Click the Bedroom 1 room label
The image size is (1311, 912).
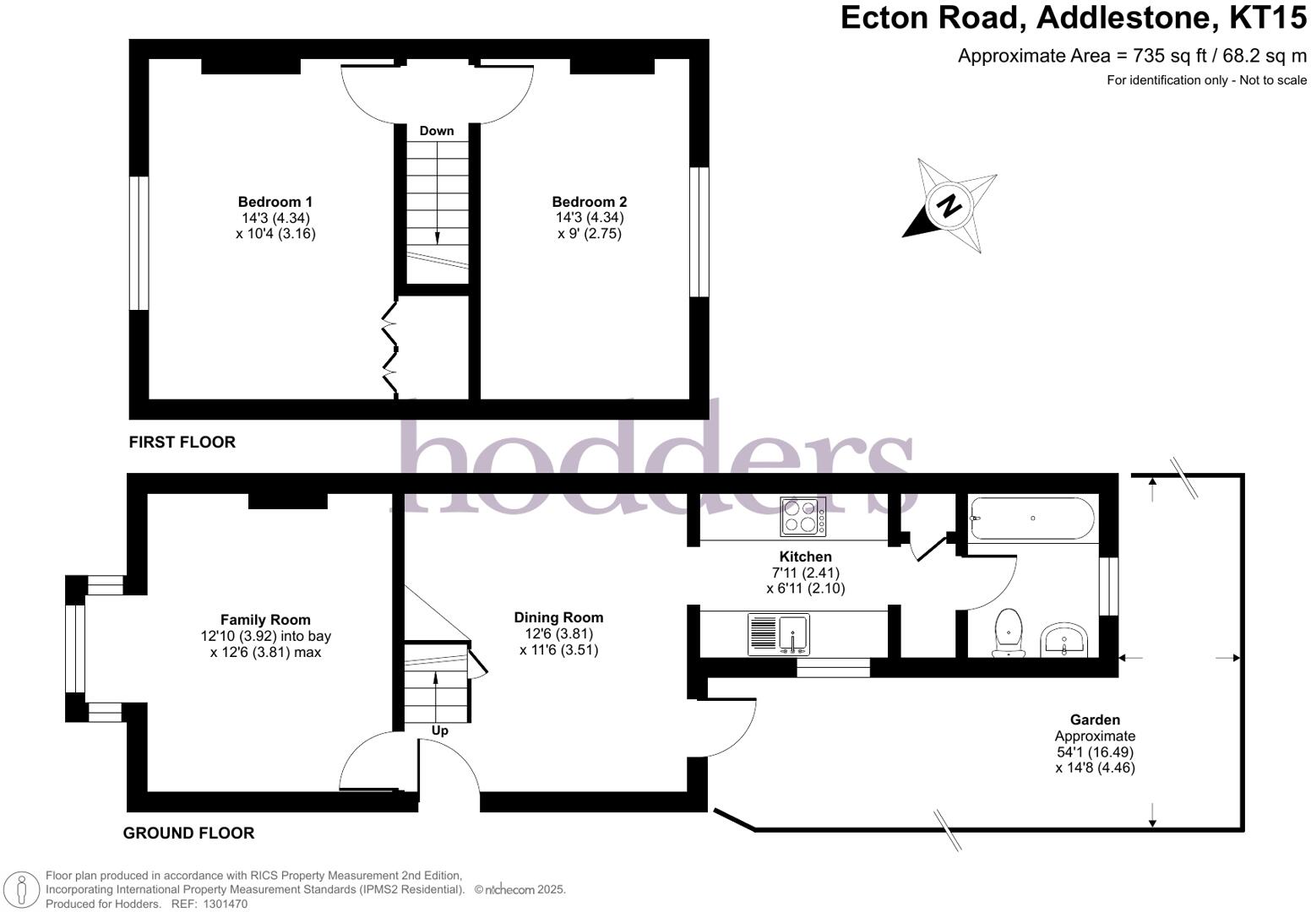pos(275,202)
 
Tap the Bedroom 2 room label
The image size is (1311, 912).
pos(589,202)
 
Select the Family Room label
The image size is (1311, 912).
pos(265,620)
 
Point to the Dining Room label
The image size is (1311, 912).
pos(558,617)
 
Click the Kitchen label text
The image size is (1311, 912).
pos(805,556)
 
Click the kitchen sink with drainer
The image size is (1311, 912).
pos(779,634)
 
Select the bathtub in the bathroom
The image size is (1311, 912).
pos(1032,518)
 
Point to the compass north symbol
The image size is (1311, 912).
pos(950,205)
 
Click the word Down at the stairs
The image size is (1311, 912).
pos(437,131)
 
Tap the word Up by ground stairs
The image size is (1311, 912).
pos(439,730)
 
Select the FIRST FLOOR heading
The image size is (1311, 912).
pos(182,442)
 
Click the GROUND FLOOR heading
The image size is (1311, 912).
pos(188,833)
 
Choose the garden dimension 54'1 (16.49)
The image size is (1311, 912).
pos(1095,752)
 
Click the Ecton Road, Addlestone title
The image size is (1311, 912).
pos(1073,18)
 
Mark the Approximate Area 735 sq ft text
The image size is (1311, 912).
pos(1132,56)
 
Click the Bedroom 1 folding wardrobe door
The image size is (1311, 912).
pos(390,348)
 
